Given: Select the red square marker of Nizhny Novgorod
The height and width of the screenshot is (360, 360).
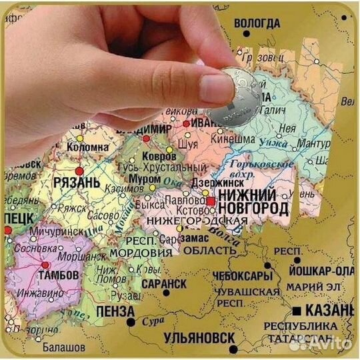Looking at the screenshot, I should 211,200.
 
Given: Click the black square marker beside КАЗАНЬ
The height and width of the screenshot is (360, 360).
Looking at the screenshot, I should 295,311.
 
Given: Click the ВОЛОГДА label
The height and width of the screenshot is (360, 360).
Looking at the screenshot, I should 256,23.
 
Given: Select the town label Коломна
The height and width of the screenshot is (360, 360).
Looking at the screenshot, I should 85,147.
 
